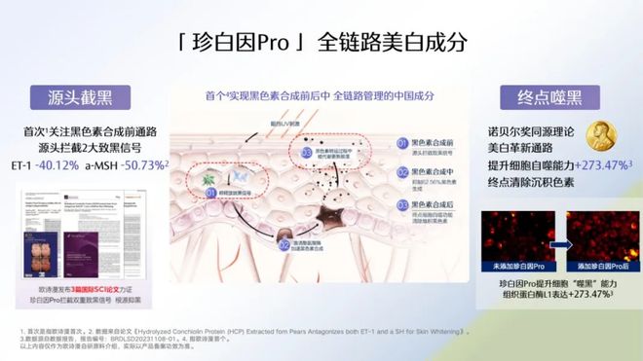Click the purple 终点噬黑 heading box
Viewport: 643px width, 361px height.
point(543,97)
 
